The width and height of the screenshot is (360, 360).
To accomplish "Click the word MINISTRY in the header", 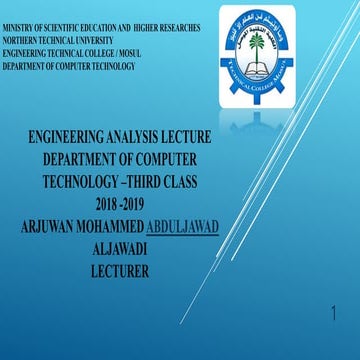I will [19, 29].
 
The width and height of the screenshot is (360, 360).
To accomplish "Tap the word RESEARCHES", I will [176, 29].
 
